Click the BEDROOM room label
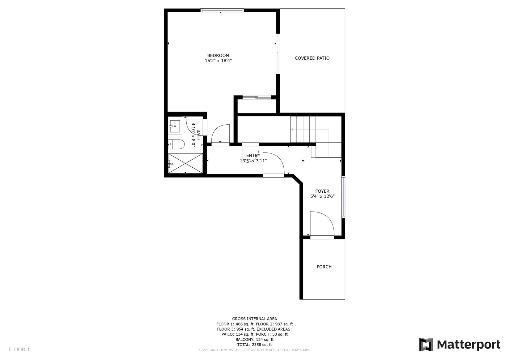[x=218, y=55]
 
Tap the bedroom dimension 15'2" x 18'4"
[x=218, y=61]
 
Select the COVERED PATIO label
[x=312, y=58]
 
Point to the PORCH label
[x=324, y=267]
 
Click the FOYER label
[x=322, y=191]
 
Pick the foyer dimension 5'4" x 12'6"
[x=322, y=196]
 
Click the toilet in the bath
[x=176, y=144]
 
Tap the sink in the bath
[x=175, y=126]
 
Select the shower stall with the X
[x=185, y=163]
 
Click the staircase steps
[x=303, y=129]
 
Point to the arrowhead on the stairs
[x=292, y=130]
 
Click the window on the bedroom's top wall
[x=222, y=10]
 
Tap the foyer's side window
[x=343, y=196]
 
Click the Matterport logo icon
[x=426, y=345]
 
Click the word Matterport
[x=469, y=345]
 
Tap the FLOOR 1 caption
[x=19, y=349]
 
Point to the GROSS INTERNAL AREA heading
[x=255, y=319]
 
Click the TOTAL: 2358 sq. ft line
[x=255, y=345]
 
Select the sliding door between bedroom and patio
[x=278, y=54]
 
